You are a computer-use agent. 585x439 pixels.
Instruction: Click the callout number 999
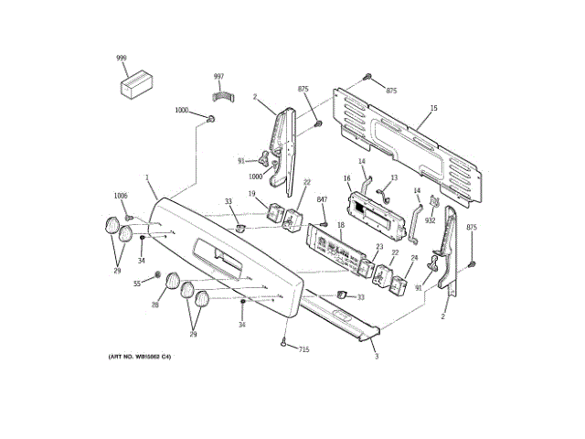121,59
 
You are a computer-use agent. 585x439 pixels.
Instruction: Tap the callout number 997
218,77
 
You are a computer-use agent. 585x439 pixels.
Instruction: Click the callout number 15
434,109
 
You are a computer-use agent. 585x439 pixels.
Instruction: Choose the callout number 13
394,177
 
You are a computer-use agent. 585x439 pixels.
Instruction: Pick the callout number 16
347,178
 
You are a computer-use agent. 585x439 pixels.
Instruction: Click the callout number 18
339,224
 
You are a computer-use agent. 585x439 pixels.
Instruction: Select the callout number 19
252,193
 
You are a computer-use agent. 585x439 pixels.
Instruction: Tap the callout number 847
322,199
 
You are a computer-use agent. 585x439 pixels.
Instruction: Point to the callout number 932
430,220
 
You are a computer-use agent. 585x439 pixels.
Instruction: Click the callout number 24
413,259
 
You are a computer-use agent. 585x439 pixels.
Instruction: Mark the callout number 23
379,247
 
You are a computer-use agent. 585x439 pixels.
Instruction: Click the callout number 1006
121,196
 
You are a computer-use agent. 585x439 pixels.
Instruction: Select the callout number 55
138,284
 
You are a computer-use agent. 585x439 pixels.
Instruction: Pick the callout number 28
155,305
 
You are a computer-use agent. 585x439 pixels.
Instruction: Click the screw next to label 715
285,343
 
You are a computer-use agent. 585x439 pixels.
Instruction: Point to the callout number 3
376,356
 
